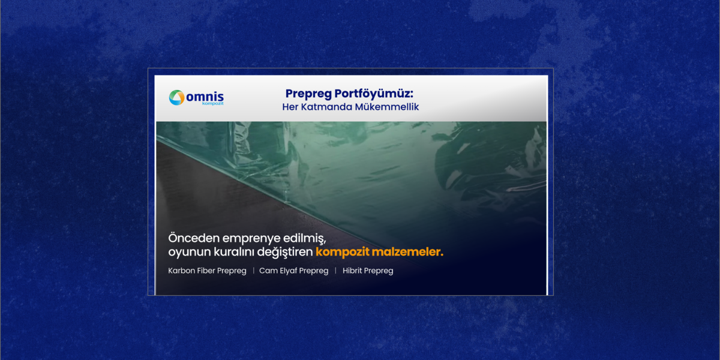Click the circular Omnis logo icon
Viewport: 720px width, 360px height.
pos(176,97)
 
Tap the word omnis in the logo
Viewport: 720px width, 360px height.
pos(205,96)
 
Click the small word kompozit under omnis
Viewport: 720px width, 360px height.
pos(212,104)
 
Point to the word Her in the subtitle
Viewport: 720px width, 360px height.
pos(290,107)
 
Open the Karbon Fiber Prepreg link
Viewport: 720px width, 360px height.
pos(208,271)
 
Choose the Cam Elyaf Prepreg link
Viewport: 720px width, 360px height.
pos(294,271)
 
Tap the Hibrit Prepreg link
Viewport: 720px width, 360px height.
pos(368,271)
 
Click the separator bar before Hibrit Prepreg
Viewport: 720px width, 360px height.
pos(335,271)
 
